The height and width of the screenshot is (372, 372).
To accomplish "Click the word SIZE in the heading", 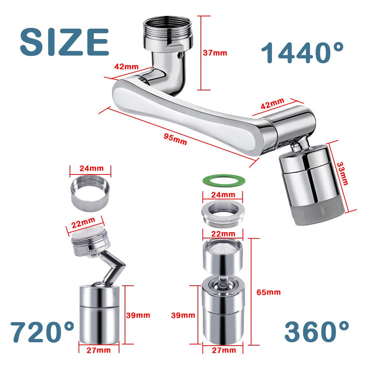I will [x=64, y=42].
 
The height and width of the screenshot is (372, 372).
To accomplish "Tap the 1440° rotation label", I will [x=302, y=52].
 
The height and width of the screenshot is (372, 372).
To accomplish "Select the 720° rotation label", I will [x=42, y=332].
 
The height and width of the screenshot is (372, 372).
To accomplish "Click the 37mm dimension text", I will [x=215, y=53].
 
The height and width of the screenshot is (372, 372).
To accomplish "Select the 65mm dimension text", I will [x=269, y=292].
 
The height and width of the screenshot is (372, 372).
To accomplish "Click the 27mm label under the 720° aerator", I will [x=99, y=350].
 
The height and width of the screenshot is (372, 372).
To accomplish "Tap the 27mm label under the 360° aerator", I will [x=224, y=350].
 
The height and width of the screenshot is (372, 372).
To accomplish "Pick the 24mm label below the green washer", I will [x=222, y=195].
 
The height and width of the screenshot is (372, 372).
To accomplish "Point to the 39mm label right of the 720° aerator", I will [x=138, y=315].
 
